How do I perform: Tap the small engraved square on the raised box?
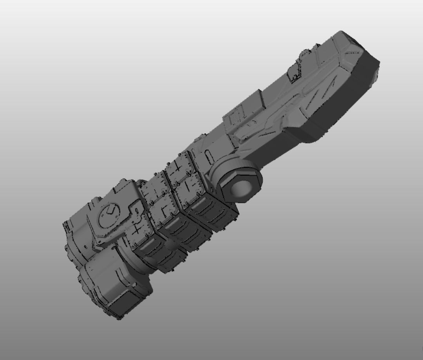235,116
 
